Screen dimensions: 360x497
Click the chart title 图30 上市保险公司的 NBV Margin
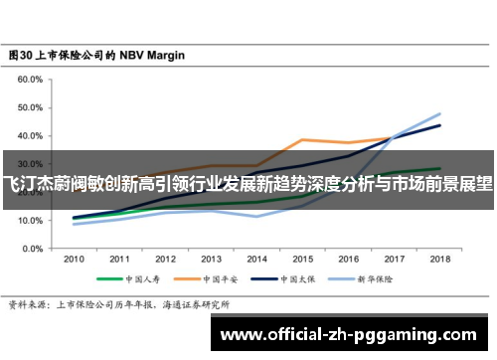coord(96,56)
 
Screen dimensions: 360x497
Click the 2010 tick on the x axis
coord(74,257)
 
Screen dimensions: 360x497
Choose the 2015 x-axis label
coord(302,257)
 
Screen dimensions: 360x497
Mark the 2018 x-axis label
coord(439,257)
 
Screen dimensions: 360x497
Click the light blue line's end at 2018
coord(439,113)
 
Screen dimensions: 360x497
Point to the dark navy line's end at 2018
coord(439,125)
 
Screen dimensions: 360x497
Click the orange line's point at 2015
coord(302,139)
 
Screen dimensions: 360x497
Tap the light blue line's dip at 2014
coord(256,216)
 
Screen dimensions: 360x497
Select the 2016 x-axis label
coord(348,257)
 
